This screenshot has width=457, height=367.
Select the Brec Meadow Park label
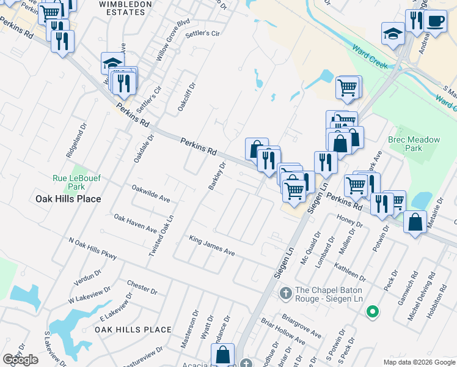pos(414,144)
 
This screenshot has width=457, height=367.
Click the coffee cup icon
pos(435,21)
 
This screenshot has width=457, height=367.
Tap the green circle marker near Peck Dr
pos(372,313)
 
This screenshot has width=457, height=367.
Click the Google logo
pos(20,360)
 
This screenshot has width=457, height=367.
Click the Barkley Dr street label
pos(217,176)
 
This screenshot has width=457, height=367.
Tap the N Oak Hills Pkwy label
pos(92,250)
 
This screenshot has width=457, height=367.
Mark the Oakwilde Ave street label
pos(151,194)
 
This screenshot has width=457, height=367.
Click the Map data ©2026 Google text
pos(419,362)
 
